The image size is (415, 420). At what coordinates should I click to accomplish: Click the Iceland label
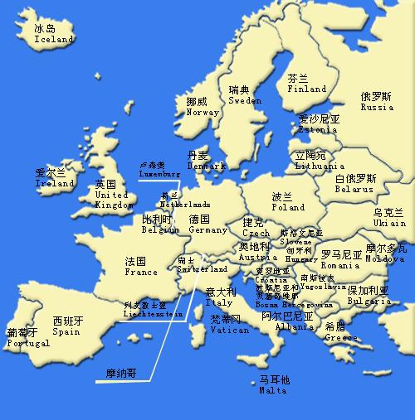coord(53,39)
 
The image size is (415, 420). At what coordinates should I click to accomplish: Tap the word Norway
coord(203,113)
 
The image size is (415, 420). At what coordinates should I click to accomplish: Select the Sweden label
coord(245,100)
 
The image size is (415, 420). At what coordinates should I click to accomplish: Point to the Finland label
coord(306,89)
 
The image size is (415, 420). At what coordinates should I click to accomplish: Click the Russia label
coord(377,107)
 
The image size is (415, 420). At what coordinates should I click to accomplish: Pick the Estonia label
coord(318,130)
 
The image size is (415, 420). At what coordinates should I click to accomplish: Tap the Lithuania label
coord(320,166)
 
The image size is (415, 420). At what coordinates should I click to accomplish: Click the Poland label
coord(288,207)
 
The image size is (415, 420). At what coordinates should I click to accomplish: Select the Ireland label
coord(55,183)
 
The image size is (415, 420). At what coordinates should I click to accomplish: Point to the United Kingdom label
coord(113,200)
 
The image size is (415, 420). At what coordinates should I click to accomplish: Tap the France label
coord(141,272)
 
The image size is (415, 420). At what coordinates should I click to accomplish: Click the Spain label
coord(66,331)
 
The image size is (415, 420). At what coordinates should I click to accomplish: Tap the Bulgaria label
coord(369,302)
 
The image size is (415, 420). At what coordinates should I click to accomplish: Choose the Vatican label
coord(229,330)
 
